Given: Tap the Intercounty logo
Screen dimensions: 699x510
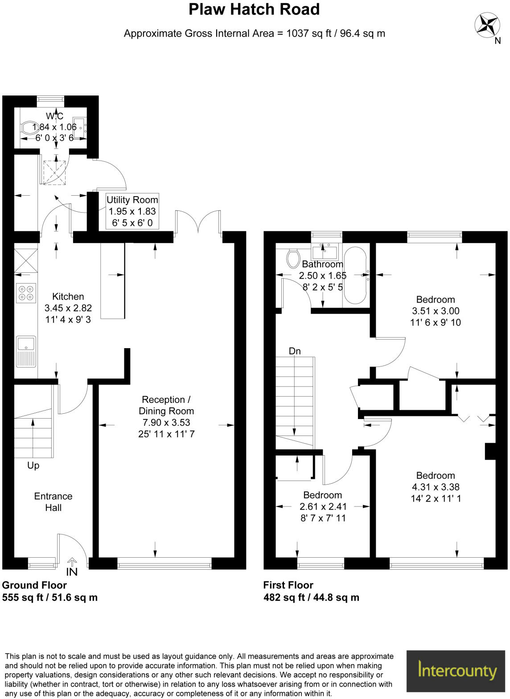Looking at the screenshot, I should pos(457,670).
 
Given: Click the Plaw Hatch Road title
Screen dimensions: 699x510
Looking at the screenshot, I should pos(254,9).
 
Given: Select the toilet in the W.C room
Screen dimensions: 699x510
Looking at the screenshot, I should pos(29,128).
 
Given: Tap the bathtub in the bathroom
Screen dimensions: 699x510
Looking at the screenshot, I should pos(355,275).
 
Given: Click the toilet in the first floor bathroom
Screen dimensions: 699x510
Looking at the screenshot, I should pos(293,258).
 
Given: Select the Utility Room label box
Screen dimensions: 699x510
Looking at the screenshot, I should pos(132,211).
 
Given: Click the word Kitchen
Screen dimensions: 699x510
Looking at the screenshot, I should pos(68,296).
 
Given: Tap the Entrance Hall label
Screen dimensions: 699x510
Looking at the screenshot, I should pos(53,502).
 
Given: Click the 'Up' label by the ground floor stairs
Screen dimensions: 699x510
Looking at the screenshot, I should pos(33,465).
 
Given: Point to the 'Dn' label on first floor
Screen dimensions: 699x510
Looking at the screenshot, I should pos(295,351).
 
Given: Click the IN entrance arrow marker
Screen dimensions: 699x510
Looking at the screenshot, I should pos(72,567).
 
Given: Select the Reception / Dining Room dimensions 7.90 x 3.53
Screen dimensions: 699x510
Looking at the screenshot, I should pos(166,423).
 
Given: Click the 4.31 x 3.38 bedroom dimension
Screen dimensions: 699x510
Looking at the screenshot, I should pos(435,487).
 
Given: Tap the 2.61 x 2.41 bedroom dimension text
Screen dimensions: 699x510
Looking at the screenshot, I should pos(323,507).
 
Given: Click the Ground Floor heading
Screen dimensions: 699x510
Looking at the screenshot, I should pos(34,585).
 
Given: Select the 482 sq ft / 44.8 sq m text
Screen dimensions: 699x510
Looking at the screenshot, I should pos(311,598).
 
